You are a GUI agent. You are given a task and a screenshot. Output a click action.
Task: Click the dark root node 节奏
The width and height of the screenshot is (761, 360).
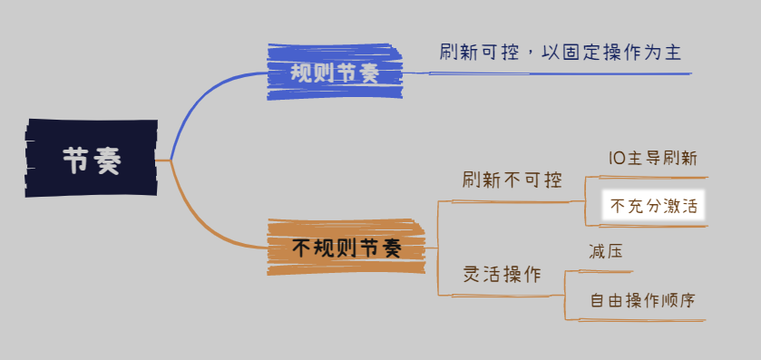(92, 158)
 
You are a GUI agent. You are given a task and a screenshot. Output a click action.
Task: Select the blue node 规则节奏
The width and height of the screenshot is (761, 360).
(335, 72)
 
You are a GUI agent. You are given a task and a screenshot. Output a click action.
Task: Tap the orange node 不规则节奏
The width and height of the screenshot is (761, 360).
(346, 248)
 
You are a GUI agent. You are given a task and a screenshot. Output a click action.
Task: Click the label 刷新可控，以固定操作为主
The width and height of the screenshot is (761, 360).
(561, 52)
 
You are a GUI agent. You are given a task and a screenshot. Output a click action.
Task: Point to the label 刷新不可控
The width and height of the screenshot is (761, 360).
(512, 180)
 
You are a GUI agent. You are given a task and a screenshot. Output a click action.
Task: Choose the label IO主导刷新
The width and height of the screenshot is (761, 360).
(653, 158)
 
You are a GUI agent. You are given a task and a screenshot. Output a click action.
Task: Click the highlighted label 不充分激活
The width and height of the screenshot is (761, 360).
(653, 206)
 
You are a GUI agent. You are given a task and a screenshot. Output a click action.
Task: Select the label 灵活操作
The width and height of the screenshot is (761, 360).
(502, 275)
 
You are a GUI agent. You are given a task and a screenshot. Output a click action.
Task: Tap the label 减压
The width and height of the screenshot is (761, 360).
(606, 252)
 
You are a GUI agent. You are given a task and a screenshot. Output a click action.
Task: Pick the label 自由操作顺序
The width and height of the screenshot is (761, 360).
(642, 300)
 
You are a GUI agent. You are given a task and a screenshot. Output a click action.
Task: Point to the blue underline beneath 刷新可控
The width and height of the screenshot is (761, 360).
(547, 73)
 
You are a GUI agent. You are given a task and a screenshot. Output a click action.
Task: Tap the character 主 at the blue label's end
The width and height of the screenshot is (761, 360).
(673, 52)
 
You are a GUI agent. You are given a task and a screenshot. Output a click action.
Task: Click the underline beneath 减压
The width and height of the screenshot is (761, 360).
(606, 271)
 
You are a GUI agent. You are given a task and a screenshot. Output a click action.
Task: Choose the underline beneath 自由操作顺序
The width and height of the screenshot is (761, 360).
(641, 320)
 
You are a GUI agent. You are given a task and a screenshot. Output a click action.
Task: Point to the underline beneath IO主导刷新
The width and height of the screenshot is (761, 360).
(653, 178)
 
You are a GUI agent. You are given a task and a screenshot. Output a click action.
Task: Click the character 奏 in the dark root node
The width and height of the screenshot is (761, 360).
(106, 161)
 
